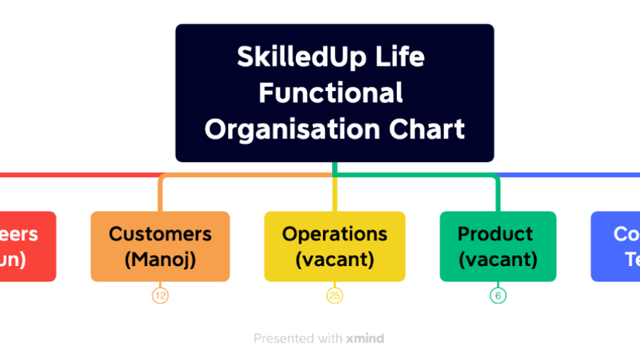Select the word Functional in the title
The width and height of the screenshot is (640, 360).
point(331,93)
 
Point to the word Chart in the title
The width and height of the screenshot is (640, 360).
point(427,130)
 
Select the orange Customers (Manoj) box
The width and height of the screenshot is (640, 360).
point(160,246)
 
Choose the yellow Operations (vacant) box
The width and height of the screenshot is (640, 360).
point(335,246)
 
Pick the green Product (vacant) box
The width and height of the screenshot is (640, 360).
point(498,246)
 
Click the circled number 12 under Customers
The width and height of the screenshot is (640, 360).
point(160,296)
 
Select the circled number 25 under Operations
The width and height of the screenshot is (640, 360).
point(335,296)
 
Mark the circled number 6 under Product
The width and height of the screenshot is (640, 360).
point(498,296)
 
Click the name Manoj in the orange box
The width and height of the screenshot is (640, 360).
point(160,260)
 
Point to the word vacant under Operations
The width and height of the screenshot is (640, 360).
point(335,260)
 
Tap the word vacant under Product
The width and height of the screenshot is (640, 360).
point(498,260)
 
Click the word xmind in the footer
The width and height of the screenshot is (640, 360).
point(365,339)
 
